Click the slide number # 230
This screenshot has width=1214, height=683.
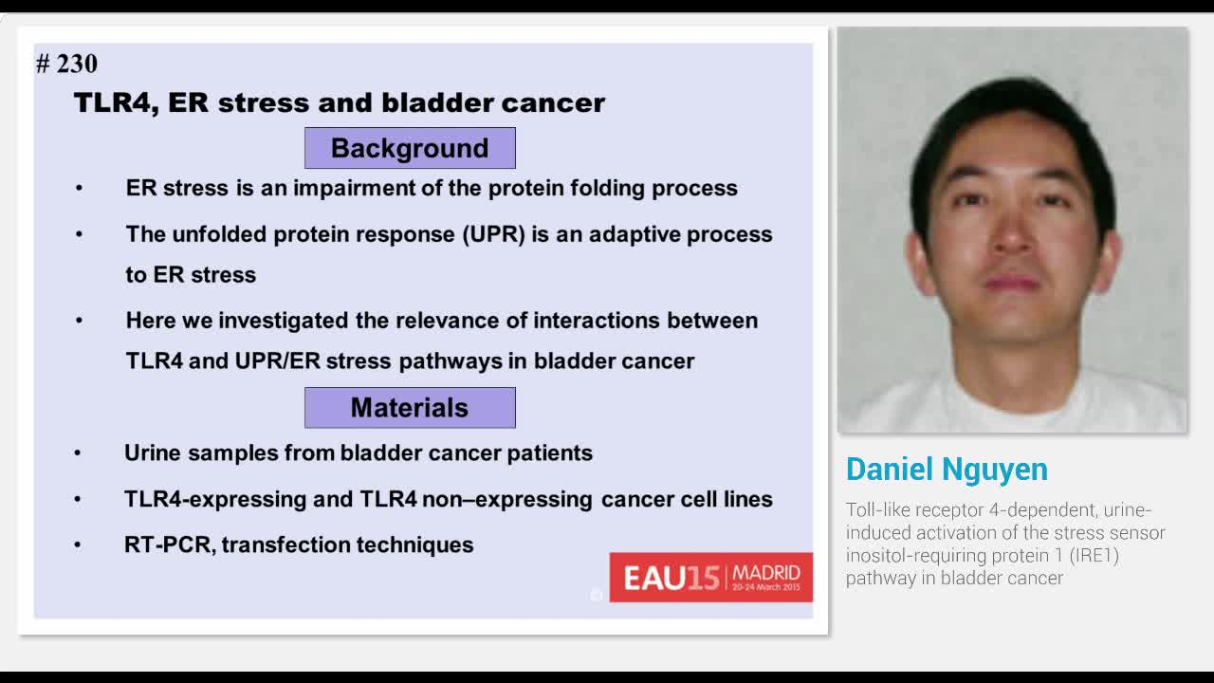(x=66, y=64)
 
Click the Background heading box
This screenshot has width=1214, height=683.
(x=410, y=148)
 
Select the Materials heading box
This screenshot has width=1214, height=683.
(x=410, y=408)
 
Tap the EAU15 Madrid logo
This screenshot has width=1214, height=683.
(x=710, y=577)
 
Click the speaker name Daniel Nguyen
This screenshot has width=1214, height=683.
(x=947, y=470)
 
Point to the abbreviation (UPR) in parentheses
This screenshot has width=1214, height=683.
(x=494, y=234)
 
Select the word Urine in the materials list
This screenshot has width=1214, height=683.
(x=153, y=453)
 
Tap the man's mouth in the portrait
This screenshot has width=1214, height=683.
(x=1011, y=282)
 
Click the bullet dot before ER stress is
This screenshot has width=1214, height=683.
(x=79, y=188)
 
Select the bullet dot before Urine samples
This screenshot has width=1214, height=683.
(x=78, y=453)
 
